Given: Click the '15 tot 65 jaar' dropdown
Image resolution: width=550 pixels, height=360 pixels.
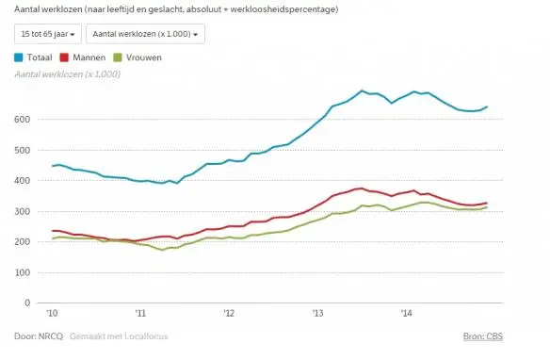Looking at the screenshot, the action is tap(48, 34).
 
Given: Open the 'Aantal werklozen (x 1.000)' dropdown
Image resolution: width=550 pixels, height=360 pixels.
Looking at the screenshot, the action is tap(145, 34).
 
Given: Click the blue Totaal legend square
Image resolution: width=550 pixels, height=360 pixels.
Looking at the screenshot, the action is tap(19, 57).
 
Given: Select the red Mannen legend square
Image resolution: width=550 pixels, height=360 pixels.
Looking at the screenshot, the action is tap(64, 57).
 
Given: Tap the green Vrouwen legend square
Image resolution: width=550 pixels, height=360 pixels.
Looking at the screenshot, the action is tap(118, 57).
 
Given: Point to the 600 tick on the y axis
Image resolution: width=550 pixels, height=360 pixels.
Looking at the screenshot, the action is tap(22, 120).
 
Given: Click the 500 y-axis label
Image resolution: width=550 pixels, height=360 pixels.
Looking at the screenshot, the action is tap(22, 150).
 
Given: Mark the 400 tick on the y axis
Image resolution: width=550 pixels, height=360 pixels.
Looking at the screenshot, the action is tap(22, 180).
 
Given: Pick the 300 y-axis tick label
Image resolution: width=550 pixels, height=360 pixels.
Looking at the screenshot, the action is tap(22, 211).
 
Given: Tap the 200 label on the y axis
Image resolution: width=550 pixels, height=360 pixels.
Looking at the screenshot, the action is tap(22, 242).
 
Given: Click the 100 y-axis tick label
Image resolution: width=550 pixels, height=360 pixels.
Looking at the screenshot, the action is tap(22, 272).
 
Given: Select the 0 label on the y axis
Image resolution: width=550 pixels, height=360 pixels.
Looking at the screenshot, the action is tap(27, 303).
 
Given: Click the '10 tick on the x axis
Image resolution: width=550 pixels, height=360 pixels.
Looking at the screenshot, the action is tap(52, 313).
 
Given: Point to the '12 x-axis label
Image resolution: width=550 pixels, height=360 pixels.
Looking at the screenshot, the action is tap(229, 313).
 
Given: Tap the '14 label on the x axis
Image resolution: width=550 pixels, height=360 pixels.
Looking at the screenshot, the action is tap(407, 313).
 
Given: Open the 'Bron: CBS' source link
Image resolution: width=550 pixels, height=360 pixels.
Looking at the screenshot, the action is tap(483, 336).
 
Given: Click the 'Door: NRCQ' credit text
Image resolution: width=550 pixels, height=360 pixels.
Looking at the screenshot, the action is tap(39, 336).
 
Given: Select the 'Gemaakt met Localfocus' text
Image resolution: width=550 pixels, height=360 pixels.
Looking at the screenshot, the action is tap(119, 336).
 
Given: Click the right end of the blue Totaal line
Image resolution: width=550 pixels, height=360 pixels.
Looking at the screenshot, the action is tap(487, 106).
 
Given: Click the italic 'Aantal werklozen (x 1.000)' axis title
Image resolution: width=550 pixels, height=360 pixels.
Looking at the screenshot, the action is tap(68, 74).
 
